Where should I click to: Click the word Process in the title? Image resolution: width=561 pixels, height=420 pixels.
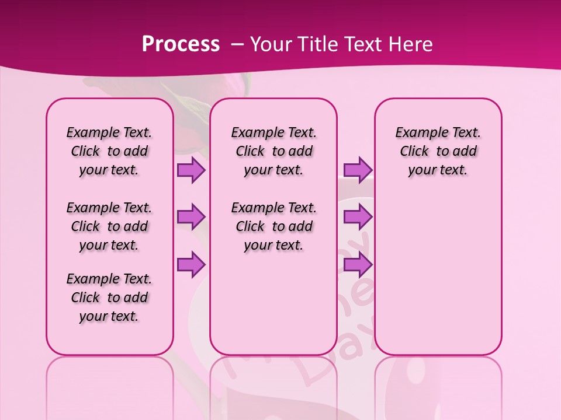pyautogui.click(x=181, y=44)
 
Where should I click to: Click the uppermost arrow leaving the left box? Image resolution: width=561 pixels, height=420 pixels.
pyautogui.click(x=191, y=170)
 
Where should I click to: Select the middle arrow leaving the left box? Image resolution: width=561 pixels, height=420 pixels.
pyautogui.click(x=191, y=217)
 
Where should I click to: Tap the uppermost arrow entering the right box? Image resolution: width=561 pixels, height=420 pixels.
pyautogui.click(x=358, y=170)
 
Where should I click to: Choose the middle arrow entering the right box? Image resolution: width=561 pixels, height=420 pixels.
pyautogui.click(x=358, y=217)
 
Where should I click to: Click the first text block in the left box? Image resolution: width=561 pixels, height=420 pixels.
pyautogui.click(x=109, y=151)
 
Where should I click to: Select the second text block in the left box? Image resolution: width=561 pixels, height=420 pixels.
pyautogui.click(x=109, y=226)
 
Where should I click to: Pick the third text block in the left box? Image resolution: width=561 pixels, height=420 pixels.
pyautogui.click(x=109, y=297)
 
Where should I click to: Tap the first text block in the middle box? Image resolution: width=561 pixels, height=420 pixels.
pyautogui.click(x=273, y=151)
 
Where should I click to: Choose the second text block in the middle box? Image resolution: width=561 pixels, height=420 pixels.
pyautogui.click(x=273, y=226)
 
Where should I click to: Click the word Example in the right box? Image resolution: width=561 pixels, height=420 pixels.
pyautogui.click(x=417, y=133)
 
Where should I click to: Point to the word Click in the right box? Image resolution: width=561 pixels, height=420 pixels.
pyautogui.click(x=414, y=152)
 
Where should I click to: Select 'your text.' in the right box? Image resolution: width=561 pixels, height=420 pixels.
pyautogui.click(x=438, y=170)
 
